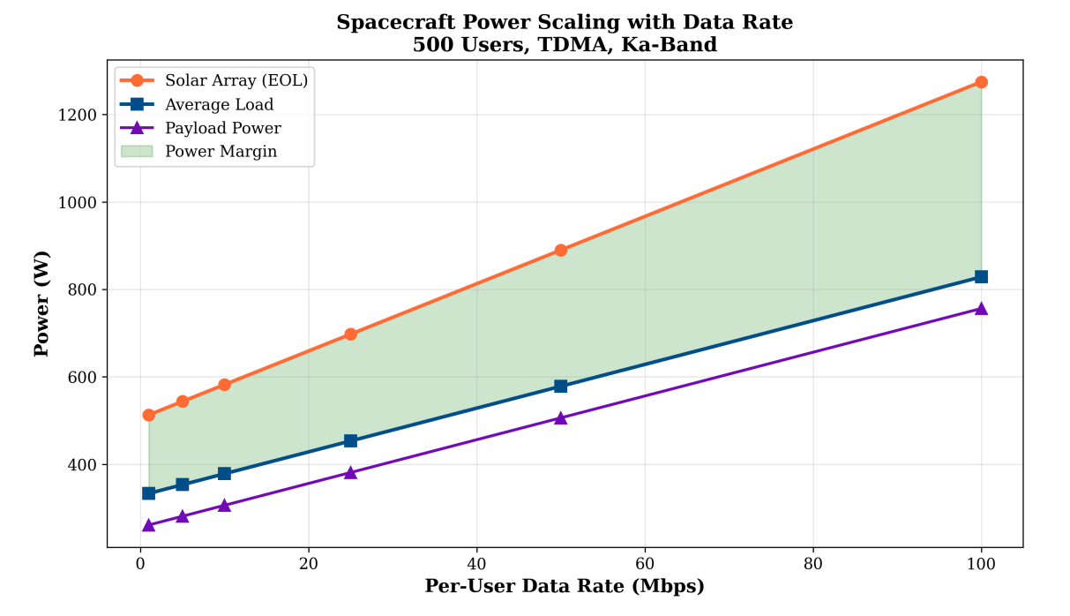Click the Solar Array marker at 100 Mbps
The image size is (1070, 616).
pos(981,82)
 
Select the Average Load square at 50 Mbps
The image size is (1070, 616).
pos(561,387)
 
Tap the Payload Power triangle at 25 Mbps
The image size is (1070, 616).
pos(350,473)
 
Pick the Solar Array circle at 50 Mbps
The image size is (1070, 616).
pos(561,251)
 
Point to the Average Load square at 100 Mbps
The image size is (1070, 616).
pos(981,276)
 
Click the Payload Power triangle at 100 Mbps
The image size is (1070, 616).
pos(981,309)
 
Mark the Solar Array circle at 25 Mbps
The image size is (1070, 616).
pos(350,334)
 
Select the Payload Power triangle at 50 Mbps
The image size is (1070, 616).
pos(561,418)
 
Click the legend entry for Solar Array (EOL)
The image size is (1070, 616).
pos(236,81)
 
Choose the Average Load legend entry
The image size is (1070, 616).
pos(219,105)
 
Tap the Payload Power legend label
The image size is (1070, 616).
pos(223,128)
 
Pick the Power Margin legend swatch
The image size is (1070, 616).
pos(136,152)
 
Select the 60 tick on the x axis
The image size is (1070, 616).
pos(645,562)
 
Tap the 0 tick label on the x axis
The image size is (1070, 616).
pos(140,562)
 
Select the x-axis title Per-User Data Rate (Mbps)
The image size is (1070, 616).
pos(565,586)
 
